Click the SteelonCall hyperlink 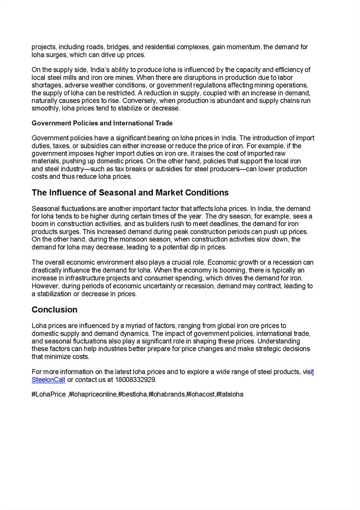[x=48, y=380]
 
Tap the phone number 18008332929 [x=135, y=380]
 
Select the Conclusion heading [x=54, y=310]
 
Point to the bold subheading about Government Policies [x=102, y=123]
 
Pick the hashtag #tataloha [x=230, y=395]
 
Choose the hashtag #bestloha [x=132, y=395]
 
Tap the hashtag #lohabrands [x=167, y=395]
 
